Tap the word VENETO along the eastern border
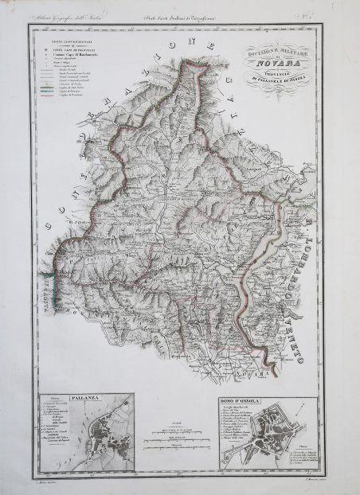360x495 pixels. [x=323, y=299]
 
